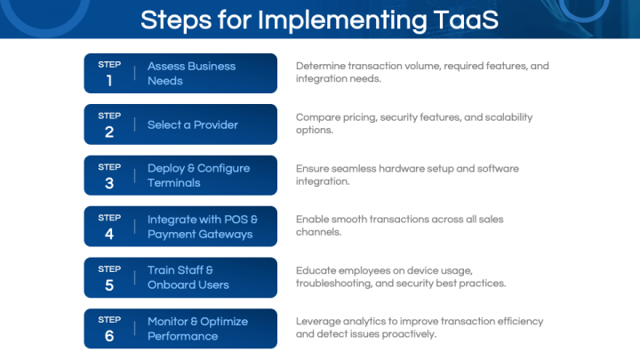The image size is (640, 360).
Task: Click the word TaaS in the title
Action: pos(466,20)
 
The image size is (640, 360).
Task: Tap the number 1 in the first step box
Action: pos(109,80)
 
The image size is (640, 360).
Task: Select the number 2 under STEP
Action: pos(109,132)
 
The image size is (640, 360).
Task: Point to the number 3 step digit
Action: pos(109,183)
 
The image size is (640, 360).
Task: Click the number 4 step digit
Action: pos(109,234)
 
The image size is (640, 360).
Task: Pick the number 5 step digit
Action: pos(109,285)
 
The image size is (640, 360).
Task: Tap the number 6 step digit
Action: pos(109,336)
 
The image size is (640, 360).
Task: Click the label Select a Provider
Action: pos(193,125)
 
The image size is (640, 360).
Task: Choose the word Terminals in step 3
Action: pos(174,183)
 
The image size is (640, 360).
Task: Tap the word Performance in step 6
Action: pos(182,336)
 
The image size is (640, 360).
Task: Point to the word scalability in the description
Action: pos(508,117)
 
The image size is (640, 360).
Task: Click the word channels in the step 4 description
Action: pos(318,232)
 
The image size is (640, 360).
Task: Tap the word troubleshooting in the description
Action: pos(334,284)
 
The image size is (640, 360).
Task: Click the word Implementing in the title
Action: pos(342,20)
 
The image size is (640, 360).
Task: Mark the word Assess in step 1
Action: pos(166,66)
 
